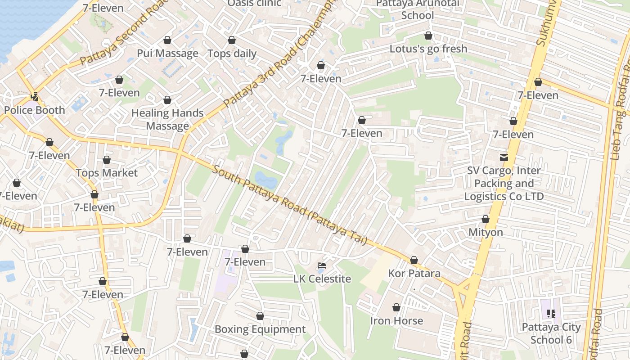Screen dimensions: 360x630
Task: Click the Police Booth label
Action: [x=35, y=110]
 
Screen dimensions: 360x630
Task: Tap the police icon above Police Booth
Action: [x=34, y=96]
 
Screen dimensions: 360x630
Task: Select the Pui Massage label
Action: [x=167, y=54]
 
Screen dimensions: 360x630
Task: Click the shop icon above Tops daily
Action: [x=232, y=40]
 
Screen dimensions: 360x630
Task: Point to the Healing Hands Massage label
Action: [x=167, y=119]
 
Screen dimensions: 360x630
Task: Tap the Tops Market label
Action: [x=107, y=173]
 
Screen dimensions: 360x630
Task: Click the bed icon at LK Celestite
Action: [x=322, y=265]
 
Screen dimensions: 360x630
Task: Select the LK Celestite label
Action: [x=322, y=279]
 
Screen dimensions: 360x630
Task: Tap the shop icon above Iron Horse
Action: [x=396, y=308]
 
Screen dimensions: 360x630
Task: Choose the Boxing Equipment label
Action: [x=260, y=329]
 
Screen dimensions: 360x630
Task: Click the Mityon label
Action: [x=486, y=233]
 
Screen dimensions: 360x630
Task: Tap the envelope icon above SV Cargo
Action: [x=504, y=157]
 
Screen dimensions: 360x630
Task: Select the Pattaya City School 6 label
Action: [x=551, y=333]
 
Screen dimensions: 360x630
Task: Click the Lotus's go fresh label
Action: [x=428, y=49]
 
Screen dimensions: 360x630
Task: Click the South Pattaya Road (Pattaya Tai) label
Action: [x=290, y=206]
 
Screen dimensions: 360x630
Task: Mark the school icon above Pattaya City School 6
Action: [x=551, y=314]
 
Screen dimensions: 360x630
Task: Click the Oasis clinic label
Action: [x=254, y=4]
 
